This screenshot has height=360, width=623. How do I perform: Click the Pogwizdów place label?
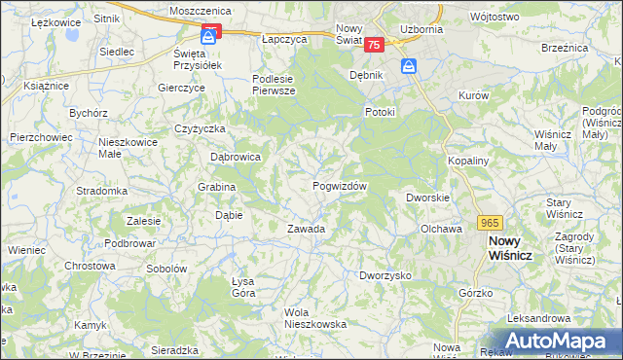340,186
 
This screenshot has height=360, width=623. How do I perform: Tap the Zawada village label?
305,229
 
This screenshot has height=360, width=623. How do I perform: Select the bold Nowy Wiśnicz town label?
517,247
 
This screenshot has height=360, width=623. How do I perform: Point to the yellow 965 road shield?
491,222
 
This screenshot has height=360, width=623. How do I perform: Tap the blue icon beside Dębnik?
410,66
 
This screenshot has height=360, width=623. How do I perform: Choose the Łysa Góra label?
242,287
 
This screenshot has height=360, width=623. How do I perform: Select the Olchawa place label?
440,229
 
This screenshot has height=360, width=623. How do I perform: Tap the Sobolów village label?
165,269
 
